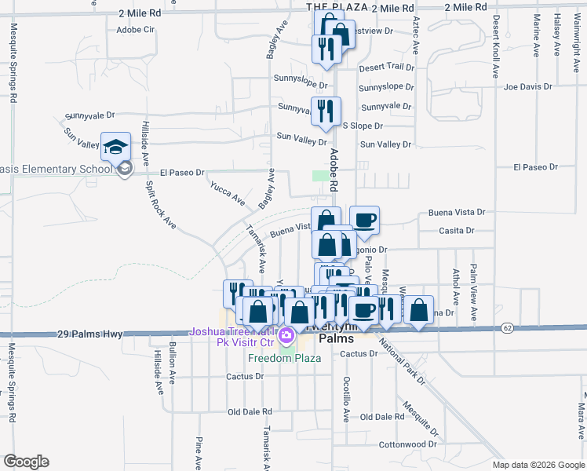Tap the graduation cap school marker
tap(115, 148)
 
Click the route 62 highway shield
tap(509, 327)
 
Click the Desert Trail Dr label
tap(386, 68)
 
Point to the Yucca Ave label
tap(228, 194)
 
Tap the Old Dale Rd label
tap(249, 411)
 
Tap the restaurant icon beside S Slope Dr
tap(326, 111)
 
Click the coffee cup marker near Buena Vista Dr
tap(363, 221)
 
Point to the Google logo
tap(26, 462)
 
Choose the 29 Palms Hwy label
tap(90, 334)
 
